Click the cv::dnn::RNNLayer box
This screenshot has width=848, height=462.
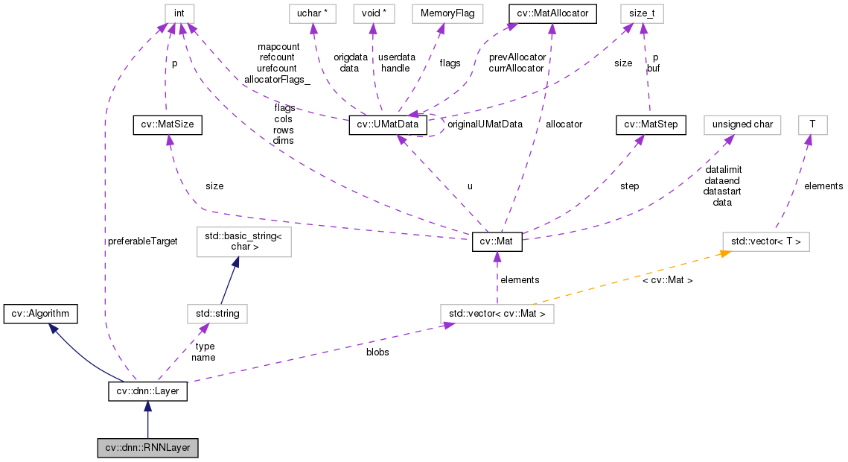click(x=148, y=448)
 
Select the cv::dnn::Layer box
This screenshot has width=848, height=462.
click(x=147, y=390)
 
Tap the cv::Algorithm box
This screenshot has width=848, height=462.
click(x=40, y=314)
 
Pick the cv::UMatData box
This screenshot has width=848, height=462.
click(x=389, y=124)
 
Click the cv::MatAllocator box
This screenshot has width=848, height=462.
click(x=552, y=13)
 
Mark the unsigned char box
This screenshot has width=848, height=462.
click(x=742, y=124)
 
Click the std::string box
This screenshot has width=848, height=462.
click(x=217, y=314)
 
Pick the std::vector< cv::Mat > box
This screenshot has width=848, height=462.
click(x=497, y=314)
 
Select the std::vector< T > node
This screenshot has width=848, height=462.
click(x=766, y=241)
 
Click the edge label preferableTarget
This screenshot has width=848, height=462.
click(x=142, y=241)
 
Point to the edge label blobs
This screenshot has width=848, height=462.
click(x=377, y=352)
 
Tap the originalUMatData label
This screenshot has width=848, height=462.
click(x=485, y=124)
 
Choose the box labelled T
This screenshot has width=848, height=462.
click(x=812, y=124)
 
